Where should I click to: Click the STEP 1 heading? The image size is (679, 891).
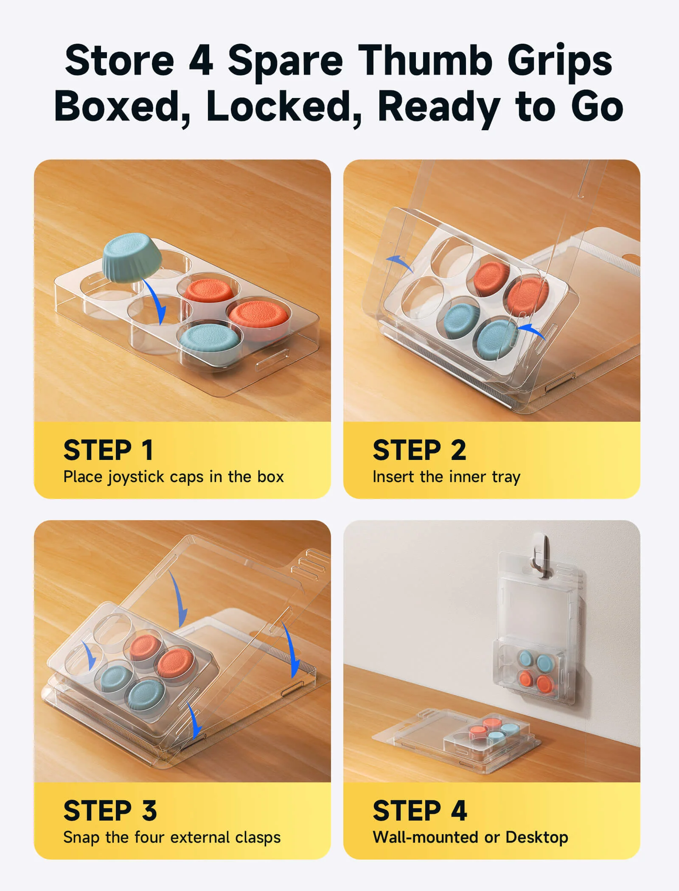[108, 450]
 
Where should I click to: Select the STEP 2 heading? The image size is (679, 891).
[419, 450]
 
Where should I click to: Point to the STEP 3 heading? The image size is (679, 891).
[110, 811]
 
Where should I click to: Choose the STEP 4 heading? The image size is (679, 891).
[420, 811]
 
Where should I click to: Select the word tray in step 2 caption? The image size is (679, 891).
[506, 477]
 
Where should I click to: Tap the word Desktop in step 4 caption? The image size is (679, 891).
[537, 838]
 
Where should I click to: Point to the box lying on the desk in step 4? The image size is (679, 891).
[457, 739]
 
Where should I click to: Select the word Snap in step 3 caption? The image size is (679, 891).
[82, 838]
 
